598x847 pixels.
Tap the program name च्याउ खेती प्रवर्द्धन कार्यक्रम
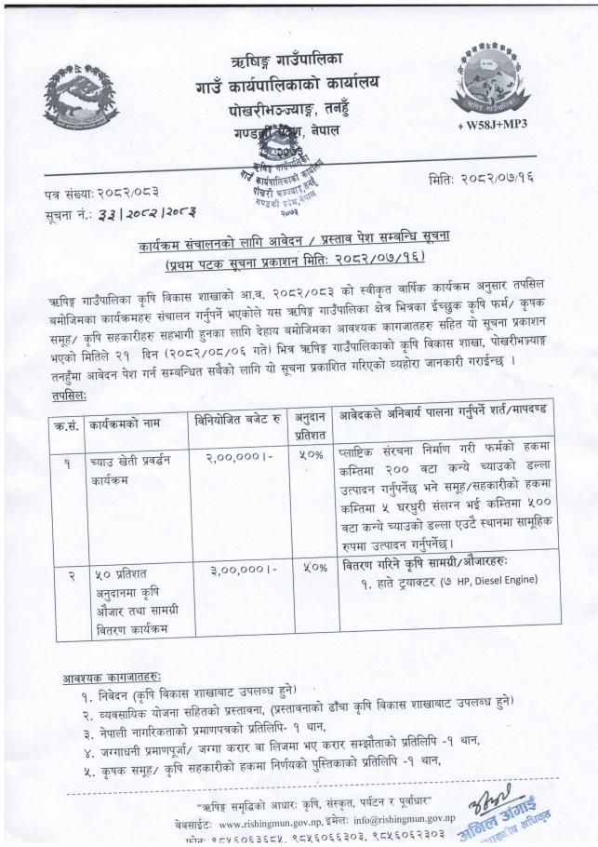click(x=129, y=468)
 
